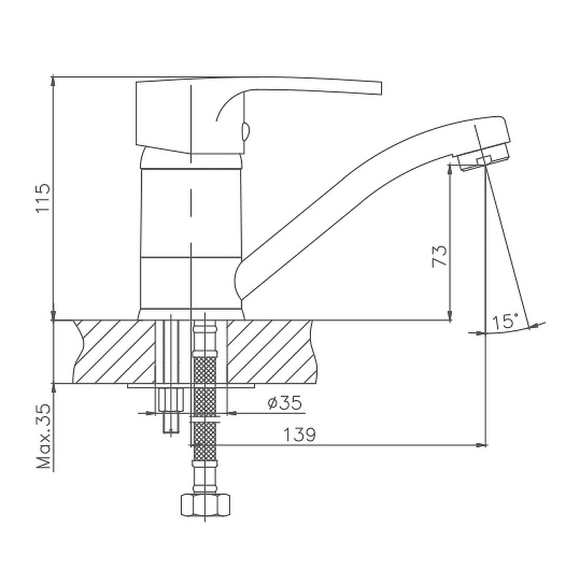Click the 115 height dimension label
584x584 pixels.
pyautogui.click(x=43, y=197)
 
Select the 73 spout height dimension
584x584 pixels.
pyautogui.click(x=439, y=256)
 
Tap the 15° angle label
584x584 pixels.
pyautogui.click(x=504, y=321)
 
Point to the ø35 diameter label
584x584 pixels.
pyautogui.click(x=285, y=403)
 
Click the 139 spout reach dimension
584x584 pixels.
pyautogui.click(x=300, y=434)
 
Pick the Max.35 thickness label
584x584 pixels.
pyautogui.click(x=43, y=436)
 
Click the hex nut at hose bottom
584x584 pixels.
pyautogui.click(x=205, y=504)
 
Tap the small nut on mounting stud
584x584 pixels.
pyautogui.click(x=171, y=399)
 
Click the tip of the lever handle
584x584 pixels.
pyautogui.click(x=381, y=88)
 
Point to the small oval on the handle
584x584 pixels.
pyautogui.click(x=245, y=132)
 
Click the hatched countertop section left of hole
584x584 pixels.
pyautogui.click(x=115, y=352)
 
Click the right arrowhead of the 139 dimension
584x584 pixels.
pyautogui.click(x=483, y=445)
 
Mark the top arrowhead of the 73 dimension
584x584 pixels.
pyautogui.click(x=450, y=169)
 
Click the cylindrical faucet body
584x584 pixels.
pyautogui.click(x=191, y=239)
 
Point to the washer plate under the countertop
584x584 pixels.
pyautogui.click(x=191, y=386)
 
